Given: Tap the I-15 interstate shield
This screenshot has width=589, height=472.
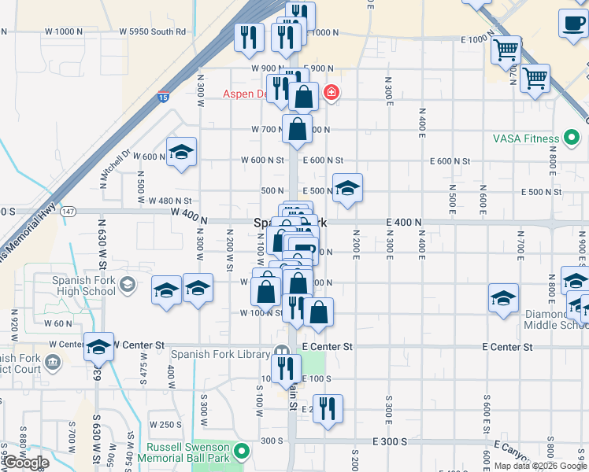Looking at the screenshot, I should click(162, 98).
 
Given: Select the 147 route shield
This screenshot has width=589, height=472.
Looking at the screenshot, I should click(69, 211).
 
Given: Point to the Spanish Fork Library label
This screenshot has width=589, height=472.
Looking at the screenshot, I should click(220, 354).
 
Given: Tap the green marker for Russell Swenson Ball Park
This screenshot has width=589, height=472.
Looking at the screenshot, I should click(243, 452).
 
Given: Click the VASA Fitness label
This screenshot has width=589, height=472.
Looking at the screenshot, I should click(525, 139).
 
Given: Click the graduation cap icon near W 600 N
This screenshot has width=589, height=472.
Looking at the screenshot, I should click(181, 153).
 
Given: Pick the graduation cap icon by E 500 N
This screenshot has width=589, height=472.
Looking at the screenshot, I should click(347, 189).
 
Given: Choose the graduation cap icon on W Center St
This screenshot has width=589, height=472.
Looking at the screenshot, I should click(99, 346).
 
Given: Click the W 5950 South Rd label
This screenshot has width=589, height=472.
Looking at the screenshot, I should click(153, 32).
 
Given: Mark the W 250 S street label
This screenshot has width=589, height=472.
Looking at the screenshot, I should click(166, 425).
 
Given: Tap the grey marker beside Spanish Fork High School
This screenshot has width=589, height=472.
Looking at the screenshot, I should click(126, 282).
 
